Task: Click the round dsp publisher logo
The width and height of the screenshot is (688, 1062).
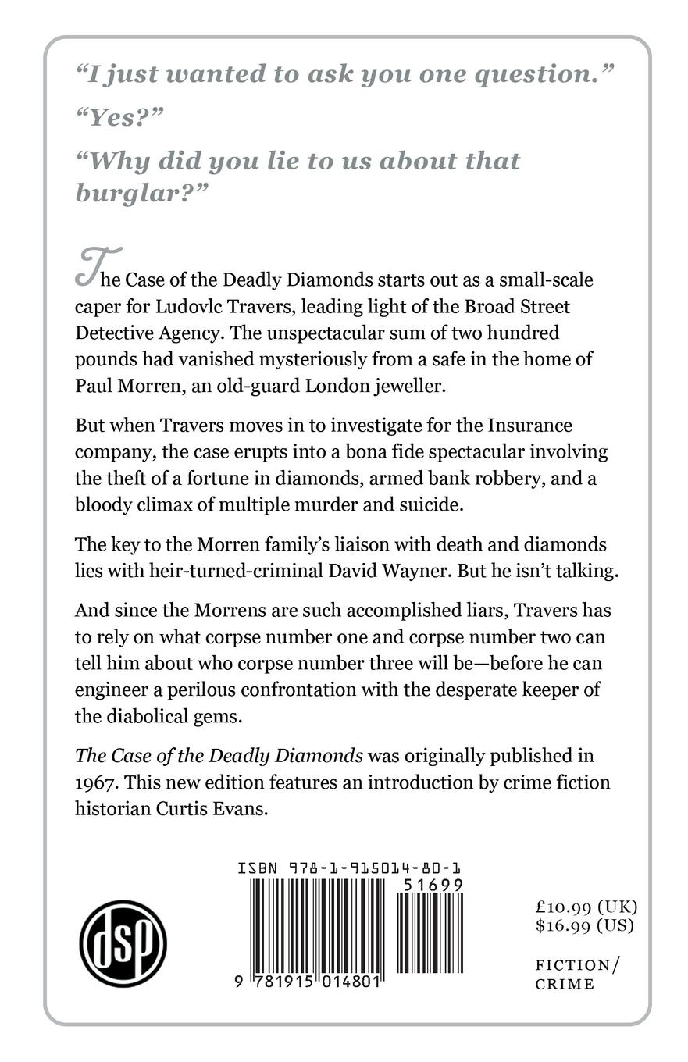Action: pyautogui.click(x=123, y=943)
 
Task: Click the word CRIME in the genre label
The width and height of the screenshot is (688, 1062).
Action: pyautogui.click(x=565, y=984)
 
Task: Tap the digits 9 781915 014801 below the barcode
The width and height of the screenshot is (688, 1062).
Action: pyautogui.click(x=307, y=982)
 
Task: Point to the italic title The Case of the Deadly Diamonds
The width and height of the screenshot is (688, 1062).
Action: pyautogui.click(x=219, y=755)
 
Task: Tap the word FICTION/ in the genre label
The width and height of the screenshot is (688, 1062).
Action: pyautogui.click(x=576, y=964)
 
